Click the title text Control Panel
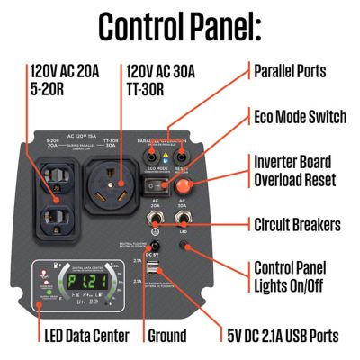(x=180, y=27)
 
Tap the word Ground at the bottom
(x=167, y=336)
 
